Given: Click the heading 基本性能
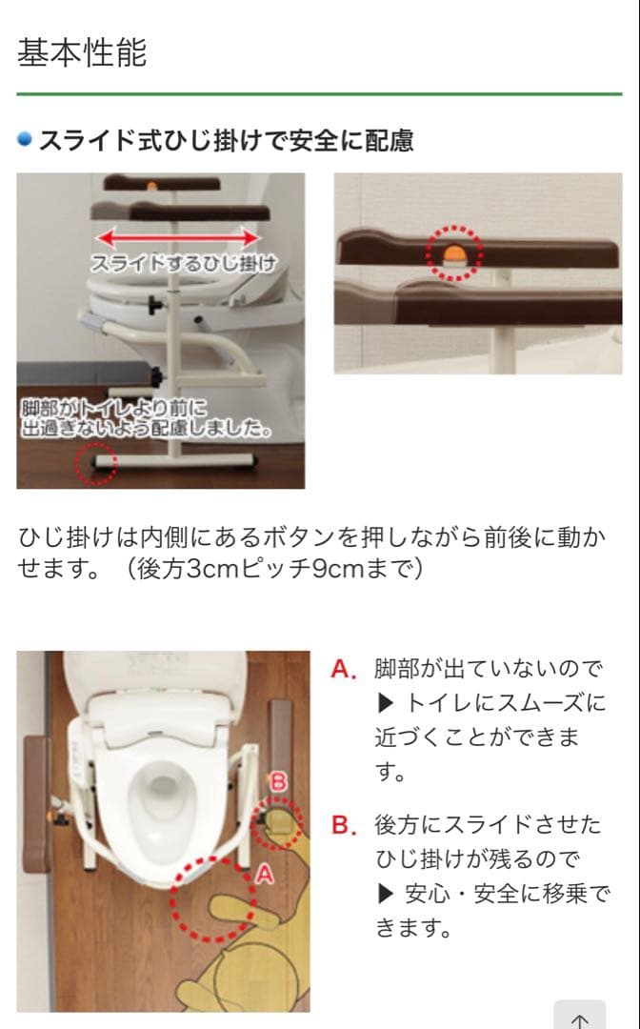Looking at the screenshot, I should coord(82,52).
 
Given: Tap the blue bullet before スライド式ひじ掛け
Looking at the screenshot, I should coord(26,140).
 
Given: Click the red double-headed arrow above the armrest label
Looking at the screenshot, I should coord(180,237).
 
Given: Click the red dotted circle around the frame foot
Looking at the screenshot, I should coord(96,462).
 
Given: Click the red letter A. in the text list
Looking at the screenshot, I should coord(344,670).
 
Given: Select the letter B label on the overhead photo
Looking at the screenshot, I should coord(279,781).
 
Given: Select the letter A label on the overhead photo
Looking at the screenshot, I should coord(264,871).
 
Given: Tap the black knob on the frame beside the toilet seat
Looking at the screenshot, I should coord(151,303).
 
